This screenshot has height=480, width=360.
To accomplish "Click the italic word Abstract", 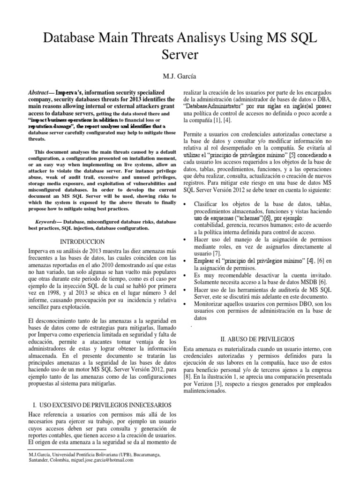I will (41, 94).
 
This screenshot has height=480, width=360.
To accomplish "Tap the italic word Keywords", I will (48, 221).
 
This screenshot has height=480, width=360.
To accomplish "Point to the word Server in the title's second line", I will (180, 55).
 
